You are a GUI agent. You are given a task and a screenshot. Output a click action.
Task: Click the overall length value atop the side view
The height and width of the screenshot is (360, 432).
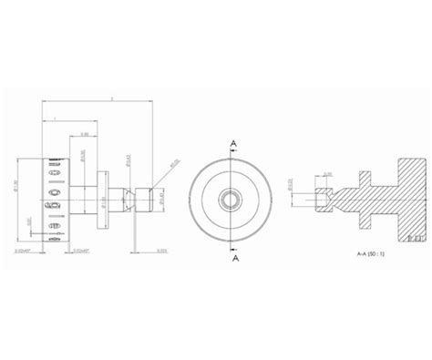(x=110, y=98)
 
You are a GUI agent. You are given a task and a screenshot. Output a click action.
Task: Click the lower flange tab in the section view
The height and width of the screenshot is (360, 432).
(x=374, y=216)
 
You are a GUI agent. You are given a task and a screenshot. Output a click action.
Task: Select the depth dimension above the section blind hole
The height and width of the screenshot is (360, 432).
(x=327, y=174)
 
